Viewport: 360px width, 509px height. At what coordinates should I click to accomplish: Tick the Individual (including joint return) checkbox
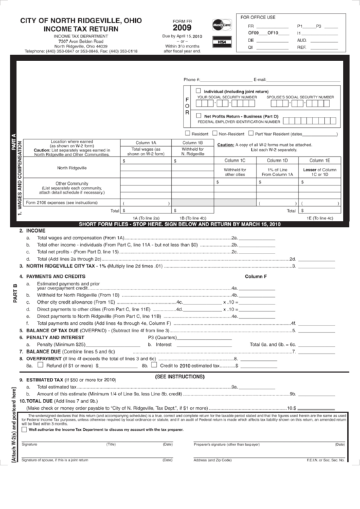pos(198,90)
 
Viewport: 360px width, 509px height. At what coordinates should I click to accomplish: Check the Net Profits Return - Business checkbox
pos(198,116)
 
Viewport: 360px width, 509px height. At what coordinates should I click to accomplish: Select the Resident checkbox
pos(187,134)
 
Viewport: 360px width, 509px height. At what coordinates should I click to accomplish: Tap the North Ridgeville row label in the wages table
pos(71,167)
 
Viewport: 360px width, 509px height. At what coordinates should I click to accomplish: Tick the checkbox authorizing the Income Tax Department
pos(25,429)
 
